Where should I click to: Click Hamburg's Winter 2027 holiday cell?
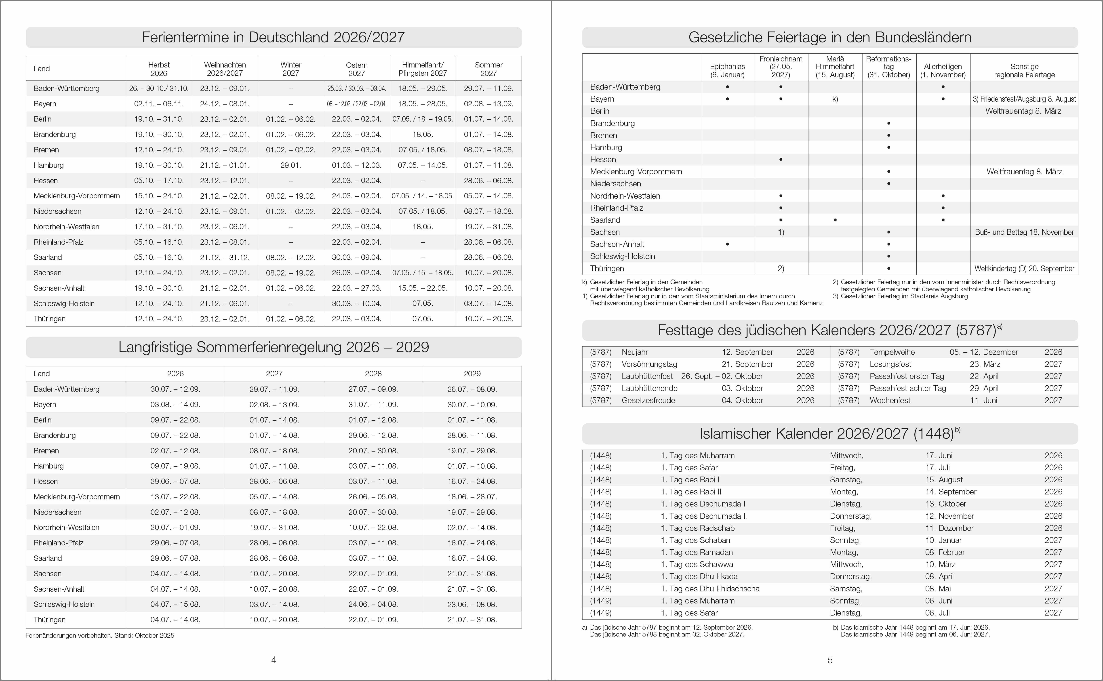pyautogui.click(x=290, y=165)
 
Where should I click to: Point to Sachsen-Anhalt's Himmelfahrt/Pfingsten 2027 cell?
pyautogui.click(x=423, y=288)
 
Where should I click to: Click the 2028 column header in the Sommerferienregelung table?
pyautogui.click(x=373, y=374)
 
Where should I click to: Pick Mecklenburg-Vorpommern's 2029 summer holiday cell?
pyautogui.click(x=472, y=497)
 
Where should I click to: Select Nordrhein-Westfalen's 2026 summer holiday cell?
pyautogui.click(x=175, y=528)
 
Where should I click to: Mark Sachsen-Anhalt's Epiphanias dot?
pyautogui.click(x=727, y=244)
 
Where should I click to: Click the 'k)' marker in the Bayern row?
pyautogui.click(x=835, y=99)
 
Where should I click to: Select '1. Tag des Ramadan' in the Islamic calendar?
pyautogui.click(x=697, y=552)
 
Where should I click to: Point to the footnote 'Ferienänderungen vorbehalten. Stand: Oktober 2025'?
pyautogui.click(x=100, y=635)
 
